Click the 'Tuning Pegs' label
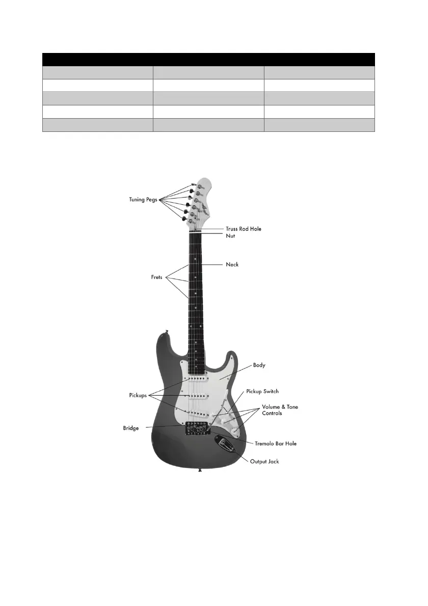point(145,200)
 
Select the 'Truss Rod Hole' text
point(244,229)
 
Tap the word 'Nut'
point(230,236)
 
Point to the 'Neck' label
point(232,264)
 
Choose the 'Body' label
point(259,366)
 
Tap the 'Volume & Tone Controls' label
point(280,410)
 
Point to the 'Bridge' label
point(130,428)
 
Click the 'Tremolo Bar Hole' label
point(276,444)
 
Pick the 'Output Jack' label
point(264,461)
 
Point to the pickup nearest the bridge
point(198,411)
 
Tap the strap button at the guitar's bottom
point(199,471)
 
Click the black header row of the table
point(208,59)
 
